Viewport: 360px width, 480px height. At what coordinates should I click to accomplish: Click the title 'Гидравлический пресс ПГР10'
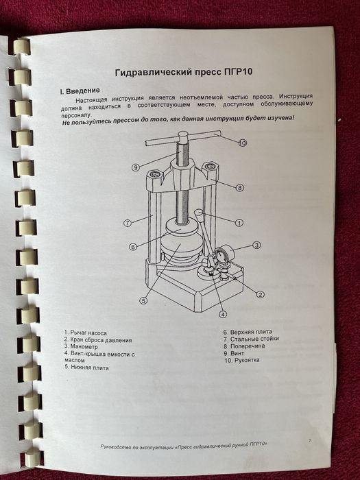point(184,72)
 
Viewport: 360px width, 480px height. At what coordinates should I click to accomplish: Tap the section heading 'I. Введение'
point(80,91)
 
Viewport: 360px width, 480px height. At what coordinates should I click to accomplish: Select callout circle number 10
point(243,143)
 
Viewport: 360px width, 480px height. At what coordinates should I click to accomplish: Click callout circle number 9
point(136,167)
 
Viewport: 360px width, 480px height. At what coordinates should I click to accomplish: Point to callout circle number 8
point(240,188)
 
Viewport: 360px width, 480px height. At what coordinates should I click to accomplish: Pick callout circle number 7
point(128,223)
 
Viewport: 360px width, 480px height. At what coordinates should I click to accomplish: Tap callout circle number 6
point(133,246)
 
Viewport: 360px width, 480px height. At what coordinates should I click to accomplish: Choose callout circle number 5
point(143,300)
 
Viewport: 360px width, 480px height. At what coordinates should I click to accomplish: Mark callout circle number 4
point(223,314)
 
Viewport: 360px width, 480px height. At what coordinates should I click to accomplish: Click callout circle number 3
point(256,245)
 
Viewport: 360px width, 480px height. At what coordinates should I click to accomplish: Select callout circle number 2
point(260,294)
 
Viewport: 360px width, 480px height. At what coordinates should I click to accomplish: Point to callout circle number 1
point(239,223)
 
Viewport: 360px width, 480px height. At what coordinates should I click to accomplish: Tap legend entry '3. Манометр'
point(81,347)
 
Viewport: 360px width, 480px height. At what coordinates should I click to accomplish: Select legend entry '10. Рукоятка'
point(242,360)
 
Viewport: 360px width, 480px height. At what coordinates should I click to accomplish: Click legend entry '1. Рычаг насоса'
point(86,333)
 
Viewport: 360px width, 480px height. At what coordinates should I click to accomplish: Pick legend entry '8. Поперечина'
point(244,346)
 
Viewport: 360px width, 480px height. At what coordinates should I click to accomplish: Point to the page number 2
point(309,441)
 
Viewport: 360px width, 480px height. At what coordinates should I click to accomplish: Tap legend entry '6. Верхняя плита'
point(248,332)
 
